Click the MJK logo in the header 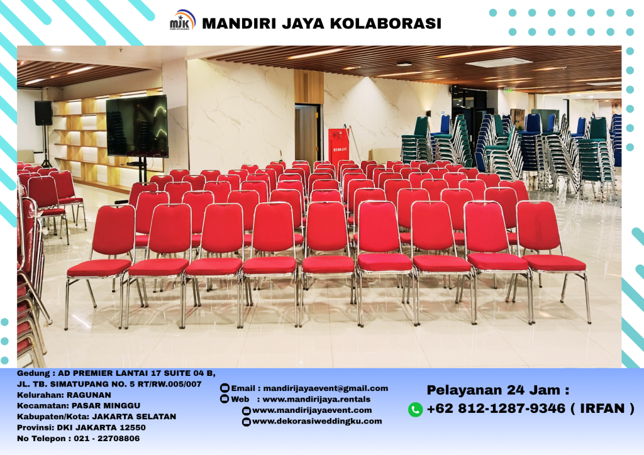[x=182, y=23]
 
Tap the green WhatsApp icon [x=415, y=409]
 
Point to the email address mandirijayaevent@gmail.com [x=325, y=388]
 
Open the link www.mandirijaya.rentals [x=316, y=399]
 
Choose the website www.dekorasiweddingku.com [x=317, y=421]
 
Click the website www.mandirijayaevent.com [x=312, y=410]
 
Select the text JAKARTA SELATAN [x=134, y=416]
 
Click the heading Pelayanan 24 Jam [x=497, y=390]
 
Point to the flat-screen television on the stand [x=136, y=126]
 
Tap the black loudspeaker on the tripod [x=43, y=113]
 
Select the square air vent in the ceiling [x=499, y=62]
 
